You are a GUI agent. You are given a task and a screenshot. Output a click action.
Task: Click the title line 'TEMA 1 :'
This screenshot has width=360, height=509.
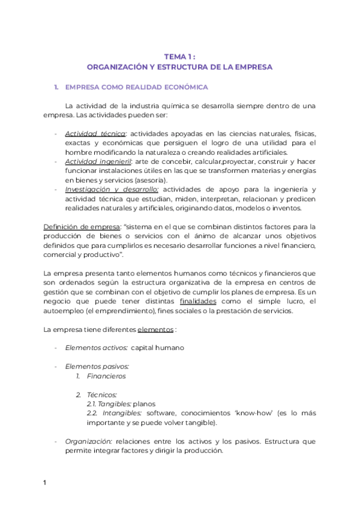[x=180, y=56]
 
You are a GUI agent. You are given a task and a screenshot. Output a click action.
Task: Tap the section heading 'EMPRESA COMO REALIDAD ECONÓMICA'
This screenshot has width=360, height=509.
[x=136, y=88]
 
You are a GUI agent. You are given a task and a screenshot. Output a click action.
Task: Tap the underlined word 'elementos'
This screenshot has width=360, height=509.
[x=155, y=330]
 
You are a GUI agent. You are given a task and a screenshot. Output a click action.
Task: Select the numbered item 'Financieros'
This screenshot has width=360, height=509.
[x=106, y=376]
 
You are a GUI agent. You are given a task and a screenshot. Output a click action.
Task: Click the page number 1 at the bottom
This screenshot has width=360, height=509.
[x=45, y=482]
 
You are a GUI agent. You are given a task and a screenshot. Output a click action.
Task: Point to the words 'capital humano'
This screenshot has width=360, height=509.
[x=157, y=348]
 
